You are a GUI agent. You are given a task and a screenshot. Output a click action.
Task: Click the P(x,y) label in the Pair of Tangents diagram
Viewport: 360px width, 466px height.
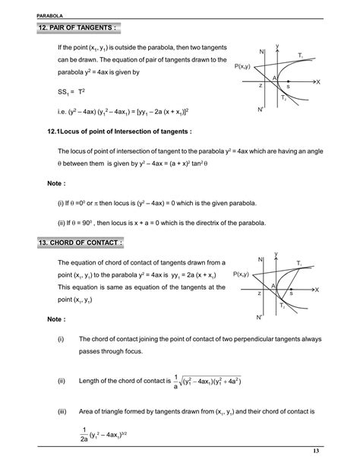245,67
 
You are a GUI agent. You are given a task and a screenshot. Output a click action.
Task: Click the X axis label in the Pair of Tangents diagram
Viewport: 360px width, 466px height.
317,81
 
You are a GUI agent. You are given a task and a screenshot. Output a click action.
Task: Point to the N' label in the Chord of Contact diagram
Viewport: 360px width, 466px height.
261,315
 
